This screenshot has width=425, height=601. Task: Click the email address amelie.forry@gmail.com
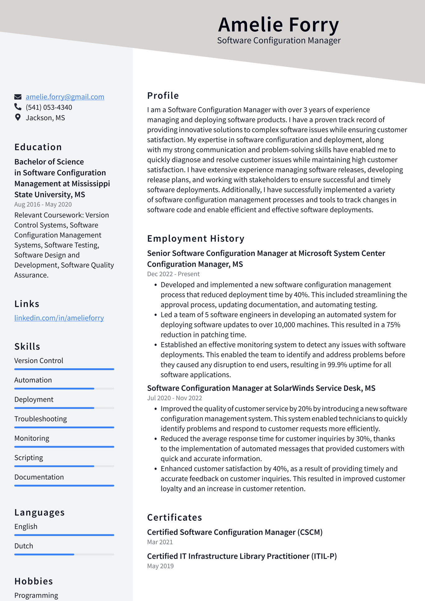pyautogui.click(x=65, y=97)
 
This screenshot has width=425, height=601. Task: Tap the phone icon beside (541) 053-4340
pyautogui.click(x=18, y=107)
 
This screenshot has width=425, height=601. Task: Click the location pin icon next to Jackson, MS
pyautogui.click(x=18, y=117)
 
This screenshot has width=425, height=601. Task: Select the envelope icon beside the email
pyautogui.click(x=18, y=97)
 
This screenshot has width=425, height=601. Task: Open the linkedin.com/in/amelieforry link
pyautogui.click(x=59, y=318)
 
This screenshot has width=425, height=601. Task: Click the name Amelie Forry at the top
pyautogui.click(x=278, y=25)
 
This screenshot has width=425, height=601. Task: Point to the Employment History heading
pyautogui.click(x=196, y=238)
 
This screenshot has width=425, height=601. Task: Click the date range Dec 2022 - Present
pyautogui.click(x=173, y=274)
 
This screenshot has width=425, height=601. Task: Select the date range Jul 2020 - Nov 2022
pyautogui.click(x=175, y=398)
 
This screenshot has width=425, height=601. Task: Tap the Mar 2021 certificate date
pyautogui.click(x=160, y=542)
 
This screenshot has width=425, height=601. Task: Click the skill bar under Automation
pyautogui.click(x=64, y=388)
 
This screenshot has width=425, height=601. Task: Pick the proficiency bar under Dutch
pyautogui.click(x=64, y=554)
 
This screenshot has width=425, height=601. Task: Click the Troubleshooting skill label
pyautogui.click(x=40, y=419)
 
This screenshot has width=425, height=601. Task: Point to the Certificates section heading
pyautogui.click(x=175, y=517)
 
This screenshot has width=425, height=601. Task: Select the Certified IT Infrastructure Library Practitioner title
pyautogui.click(x=242, y=556)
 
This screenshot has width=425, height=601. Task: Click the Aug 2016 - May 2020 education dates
pyautogui.click(x=43, y=204)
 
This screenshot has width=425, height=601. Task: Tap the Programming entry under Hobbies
pyautogui.click(x=36, y=595)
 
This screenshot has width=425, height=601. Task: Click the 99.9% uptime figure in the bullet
pyautogui.click(x=337, y=364)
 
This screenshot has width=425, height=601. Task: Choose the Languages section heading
pyautogui.click(x=40, y=512)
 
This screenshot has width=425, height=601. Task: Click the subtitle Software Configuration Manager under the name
pyautogui.click(x=279, y=40)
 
